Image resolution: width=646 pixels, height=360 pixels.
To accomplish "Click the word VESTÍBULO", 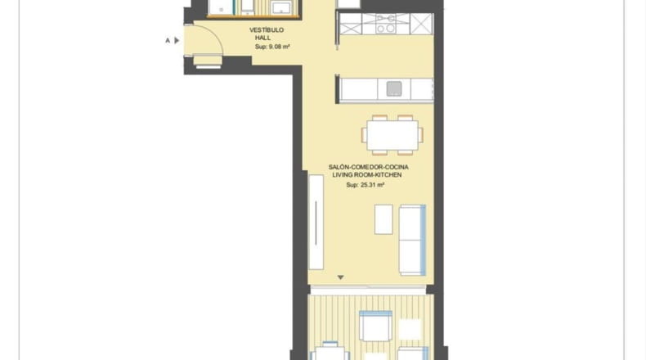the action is point(267,29).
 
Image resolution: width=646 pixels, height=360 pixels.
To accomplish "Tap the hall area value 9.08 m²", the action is point(280,47).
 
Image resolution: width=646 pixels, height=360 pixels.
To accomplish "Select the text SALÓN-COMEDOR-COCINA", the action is point(368,167).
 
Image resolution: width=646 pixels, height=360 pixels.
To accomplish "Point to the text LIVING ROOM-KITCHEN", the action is point(367,175).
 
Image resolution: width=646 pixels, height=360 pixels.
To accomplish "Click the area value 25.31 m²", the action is point(372,185).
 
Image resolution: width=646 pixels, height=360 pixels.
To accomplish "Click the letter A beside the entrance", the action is point(168,40).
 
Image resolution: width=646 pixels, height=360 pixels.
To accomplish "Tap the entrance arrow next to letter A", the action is point(177,40).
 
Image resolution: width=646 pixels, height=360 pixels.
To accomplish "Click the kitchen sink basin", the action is point(394,88).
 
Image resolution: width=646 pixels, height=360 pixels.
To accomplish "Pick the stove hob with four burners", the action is point(386,24).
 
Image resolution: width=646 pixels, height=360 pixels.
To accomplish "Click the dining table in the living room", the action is point(393,135).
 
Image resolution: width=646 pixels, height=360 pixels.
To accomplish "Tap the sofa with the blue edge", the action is point(412,240).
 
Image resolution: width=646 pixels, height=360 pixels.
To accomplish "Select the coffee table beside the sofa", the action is point(384,219).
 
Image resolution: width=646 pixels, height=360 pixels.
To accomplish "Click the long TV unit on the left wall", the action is point(316,223).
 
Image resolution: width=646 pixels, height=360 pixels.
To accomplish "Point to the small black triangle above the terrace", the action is point(340,277).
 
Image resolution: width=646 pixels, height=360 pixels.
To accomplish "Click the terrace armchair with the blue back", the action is point(375,326).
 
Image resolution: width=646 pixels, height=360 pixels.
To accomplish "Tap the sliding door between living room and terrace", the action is point(368,290).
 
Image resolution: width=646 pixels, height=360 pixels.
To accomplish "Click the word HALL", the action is point(262,38).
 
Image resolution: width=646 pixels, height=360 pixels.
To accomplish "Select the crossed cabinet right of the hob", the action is point(421,24).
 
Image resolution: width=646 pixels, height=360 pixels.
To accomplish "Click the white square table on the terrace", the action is point(410,329).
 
